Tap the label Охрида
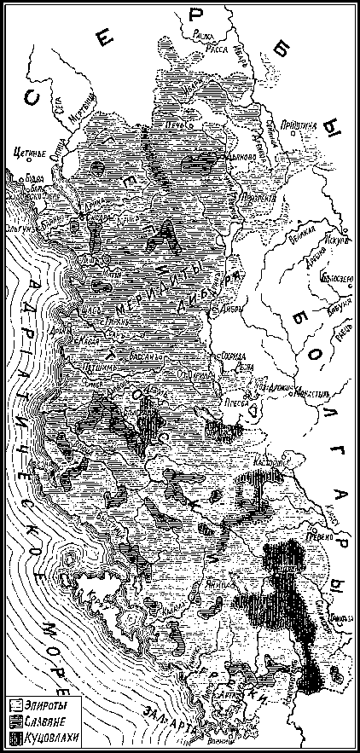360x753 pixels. click(x=235, y=355)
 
